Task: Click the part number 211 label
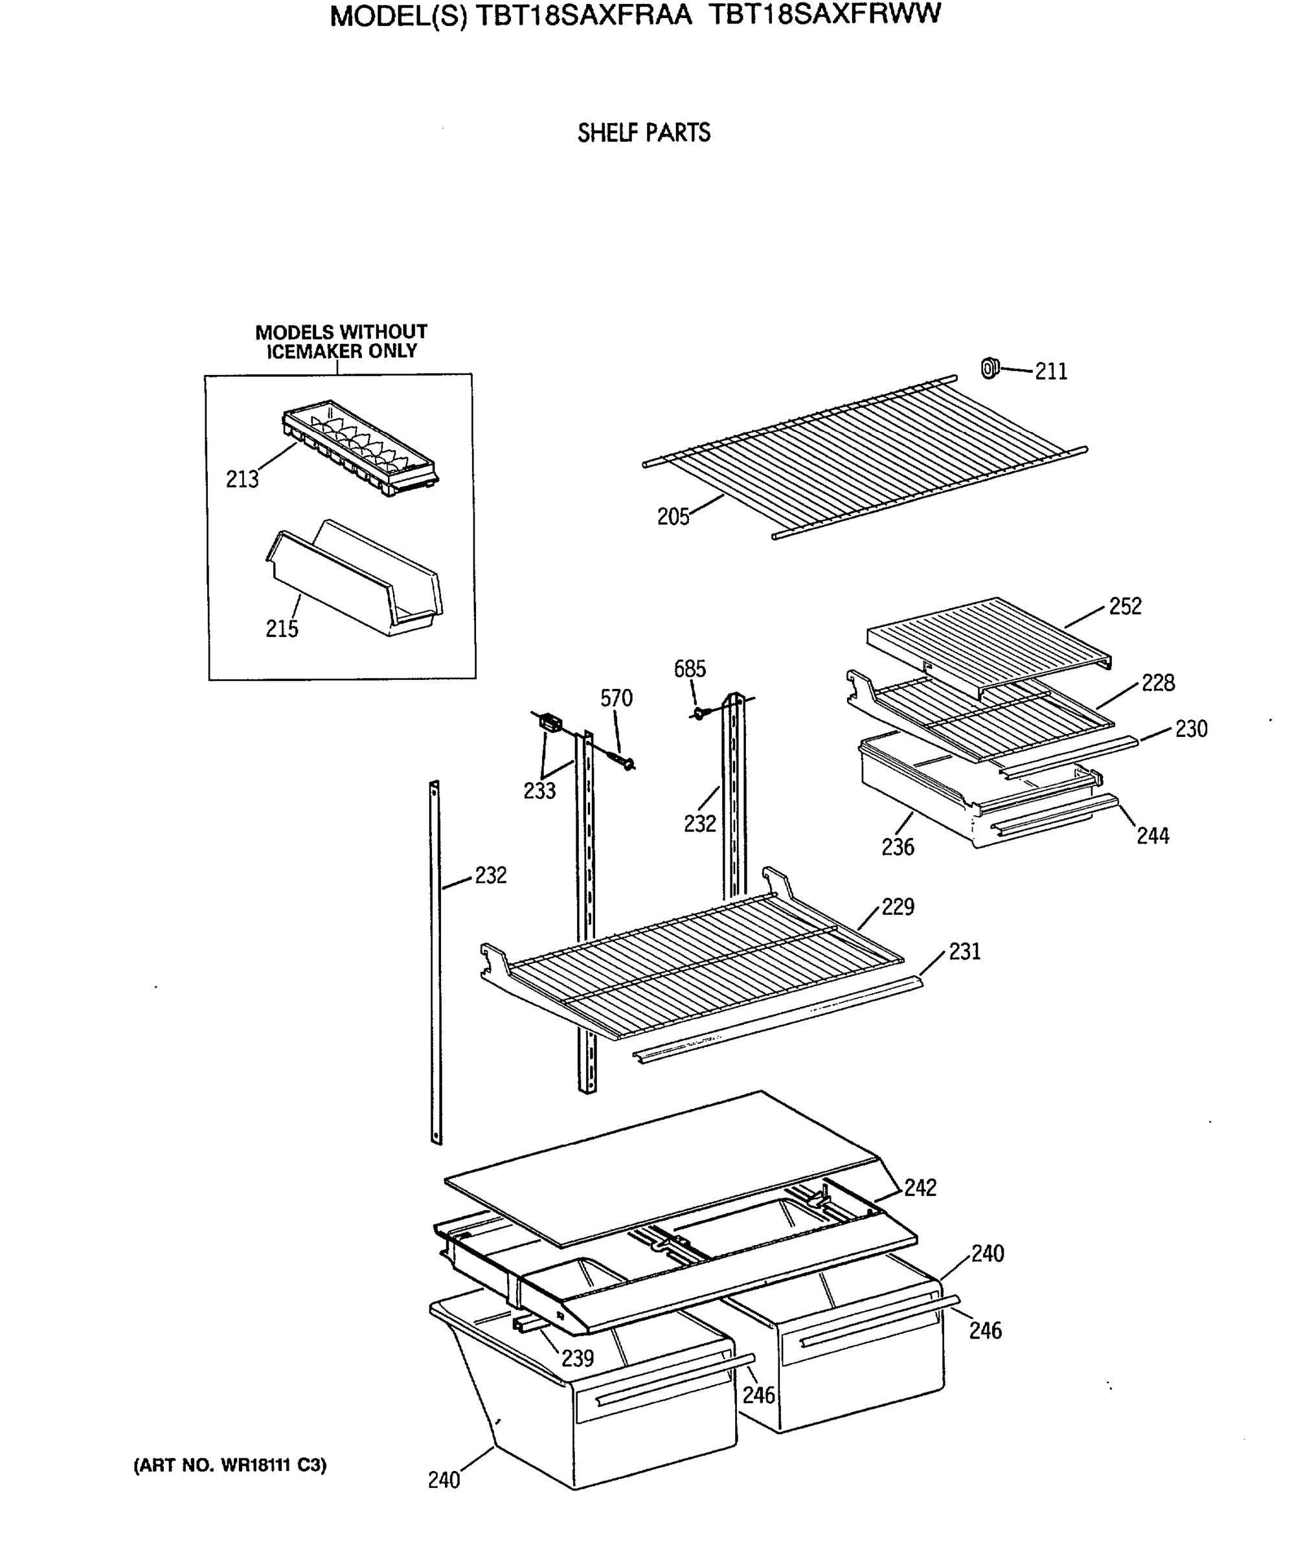[x=1051, y=372]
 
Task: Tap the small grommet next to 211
[x=990, y=368]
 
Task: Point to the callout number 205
[x=673, y=517]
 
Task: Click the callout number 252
[x=1125, y=607]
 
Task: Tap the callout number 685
[x=690, y=669]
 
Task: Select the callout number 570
[x=617, y=699]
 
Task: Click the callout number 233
[x=539, y=791]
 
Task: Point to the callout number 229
[x=898, y=906]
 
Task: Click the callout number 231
[x=964, y=951]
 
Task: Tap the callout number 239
[x=577, y=1358]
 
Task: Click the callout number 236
[x=898, y=846]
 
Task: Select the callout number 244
[x=1152, y=836]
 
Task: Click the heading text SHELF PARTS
[x=644, y=133]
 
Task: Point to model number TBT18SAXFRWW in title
[x=824, y=15]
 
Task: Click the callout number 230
[x=1191, y=729]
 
